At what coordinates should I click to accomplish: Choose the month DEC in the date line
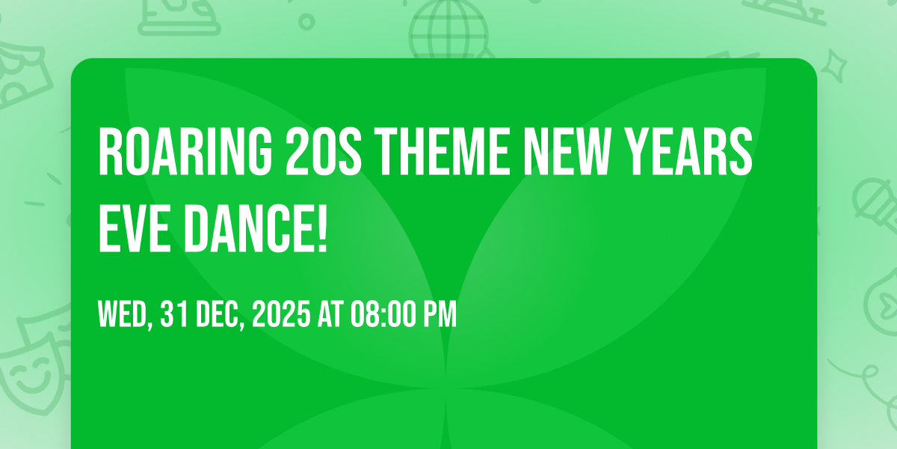click(x=220, y=315)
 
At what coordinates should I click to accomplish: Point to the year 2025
click(x=280, y=315)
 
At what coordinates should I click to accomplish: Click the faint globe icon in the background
click(x=447, y=30)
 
